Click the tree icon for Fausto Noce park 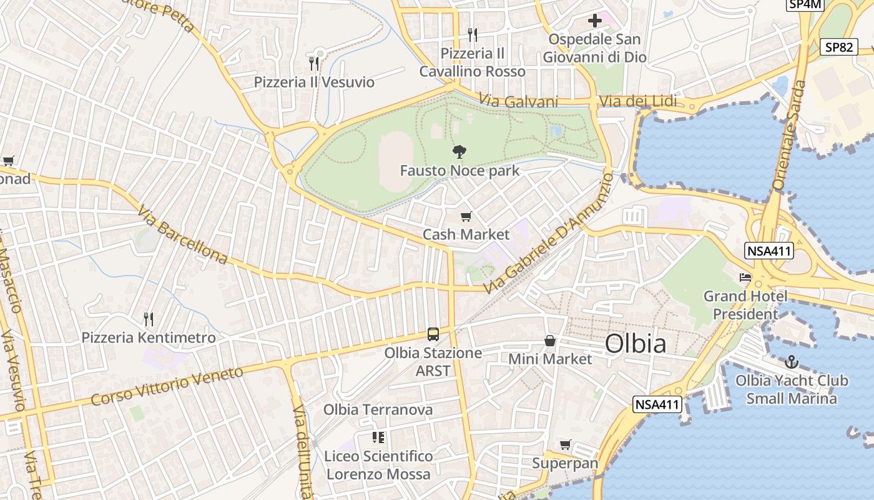459,151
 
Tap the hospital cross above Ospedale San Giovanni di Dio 595,21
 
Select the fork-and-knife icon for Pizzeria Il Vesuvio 314,63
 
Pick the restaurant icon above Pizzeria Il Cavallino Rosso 472,34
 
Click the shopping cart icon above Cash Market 466,217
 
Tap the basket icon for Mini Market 550,341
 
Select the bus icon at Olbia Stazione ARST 433,334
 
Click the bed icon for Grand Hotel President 745,277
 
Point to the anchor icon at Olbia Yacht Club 791,362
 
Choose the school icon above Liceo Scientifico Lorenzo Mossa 378,437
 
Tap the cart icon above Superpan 565,444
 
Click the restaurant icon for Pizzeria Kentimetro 149,319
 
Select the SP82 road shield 838,47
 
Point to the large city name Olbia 635,344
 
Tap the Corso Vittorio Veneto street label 167,386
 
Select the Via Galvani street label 518,101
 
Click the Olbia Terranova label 378,410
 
